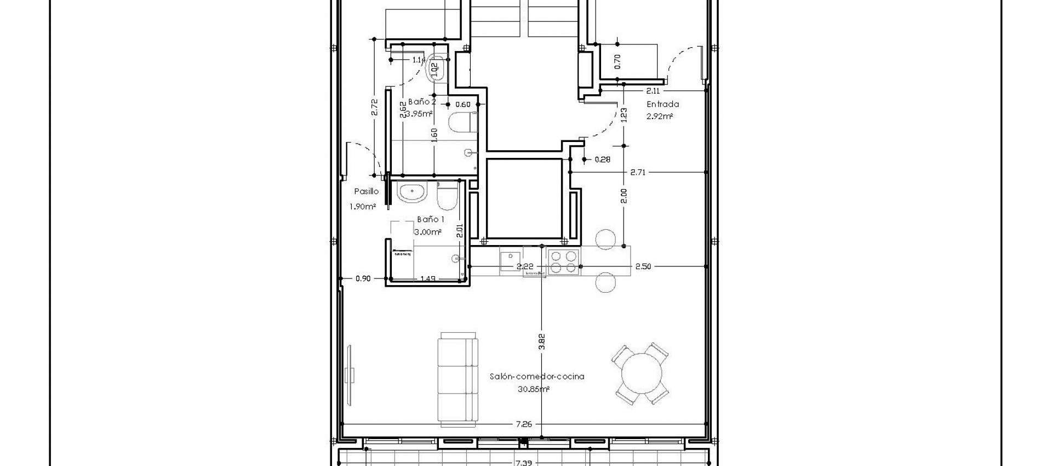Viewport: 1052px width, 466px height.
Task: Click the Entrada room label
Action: (x=662, y=104)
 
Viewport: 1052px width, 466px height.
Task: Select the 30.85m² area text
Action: (x=533, y=390)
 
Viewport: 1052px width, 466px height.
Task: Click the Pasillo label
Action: (x=366, y=192)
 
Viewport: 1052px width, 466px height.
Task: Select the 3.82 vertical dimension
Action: (x=541, y=342)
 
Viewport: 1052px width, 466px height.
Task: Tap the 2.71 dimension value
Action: (x=638, y=172)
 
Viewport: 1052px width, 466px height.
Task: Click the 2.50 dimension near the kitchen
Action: (x=643, y=266)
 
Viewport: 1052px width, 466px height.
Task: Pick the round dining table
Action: (x=641, y=374)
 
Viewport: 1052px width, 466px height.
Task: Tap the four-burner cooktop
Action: (x=564, y=262)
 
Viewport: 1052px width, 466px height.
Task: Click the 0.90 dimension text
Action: (x=363, y=279)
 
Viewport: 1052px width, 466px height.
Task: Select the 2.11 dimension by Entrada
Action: (x=653, y=91)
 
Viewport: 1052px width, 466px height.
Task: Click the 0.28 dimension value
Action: (x=603, y=160)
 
